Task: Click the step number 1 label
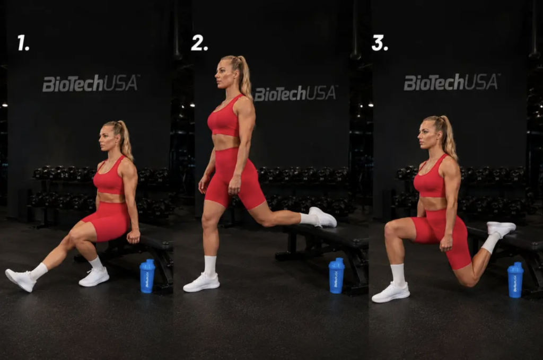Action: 23,43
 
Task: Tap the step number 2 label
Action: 199,43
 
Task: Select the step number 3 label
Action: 380,43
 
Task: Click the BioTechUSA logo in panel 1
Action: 91,83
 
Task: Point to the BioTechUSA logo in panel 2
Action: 295,93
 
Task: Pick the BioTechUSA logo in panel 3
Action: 452,82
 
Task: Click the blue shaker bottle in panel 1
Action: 147,276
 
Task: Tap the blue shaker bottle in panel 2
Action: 337,276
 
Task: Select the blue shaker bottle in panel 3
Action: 515,280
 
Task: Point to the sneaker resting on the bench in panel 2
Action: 323,217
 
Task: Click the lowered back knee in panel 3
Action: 468,280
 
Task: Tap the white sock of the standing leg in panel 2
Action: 210,266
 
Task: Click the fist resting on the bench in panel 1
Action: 133,237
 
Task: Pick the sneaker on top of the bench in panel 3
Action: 501,229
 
